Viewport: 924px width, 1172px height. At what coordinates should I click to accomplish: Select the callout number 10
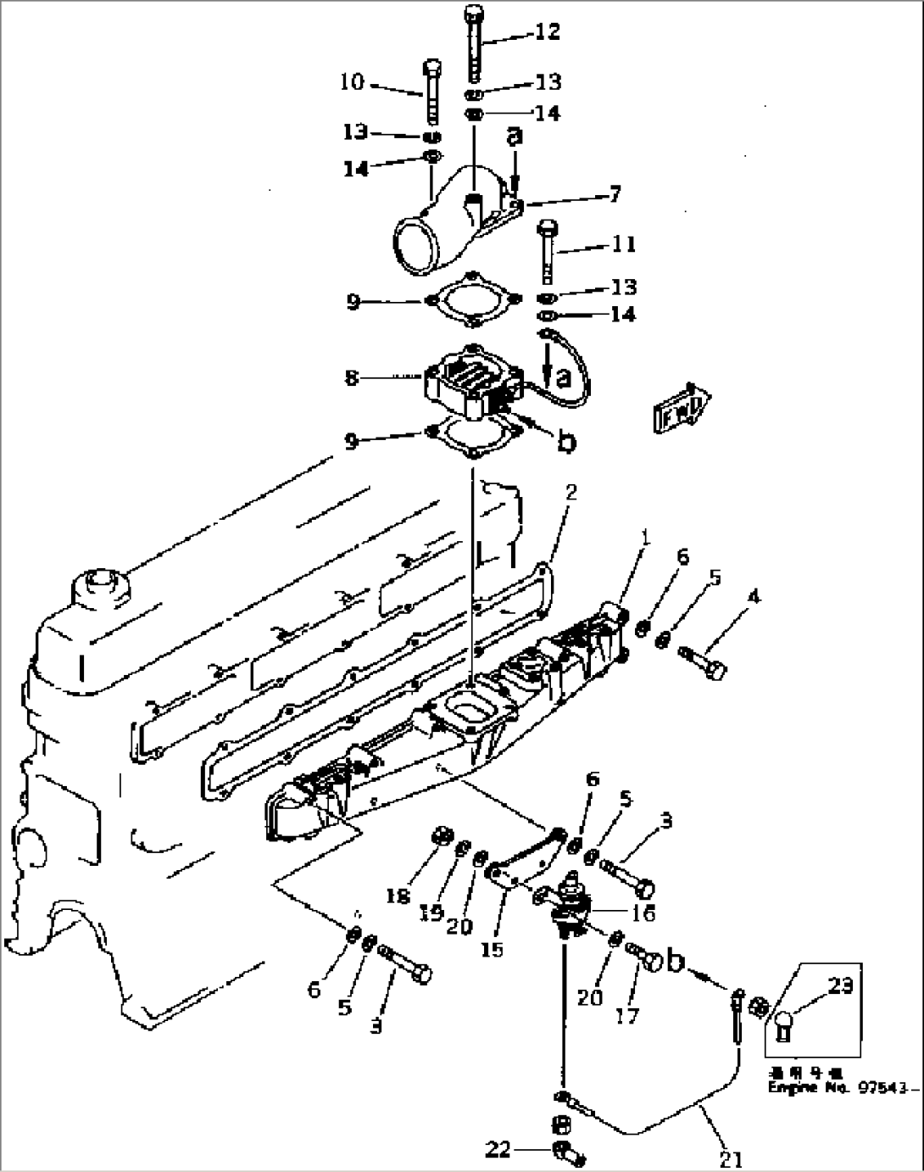tap(352, 82)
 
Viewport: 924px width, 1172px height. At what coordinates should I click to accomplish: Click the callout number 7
tap(615, 195)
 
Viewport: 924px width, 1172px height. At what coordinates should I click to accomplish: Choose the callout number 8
tap(352, 377)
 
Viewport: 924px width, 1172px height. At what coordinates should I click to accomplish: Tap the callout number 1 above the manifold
tap(647, 538)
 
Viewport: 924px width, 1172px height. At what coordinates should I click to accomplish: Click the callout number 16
tap(643, 913)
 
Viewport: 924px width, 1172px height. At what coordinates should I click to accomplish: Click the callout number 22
tap(498, 1149)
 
